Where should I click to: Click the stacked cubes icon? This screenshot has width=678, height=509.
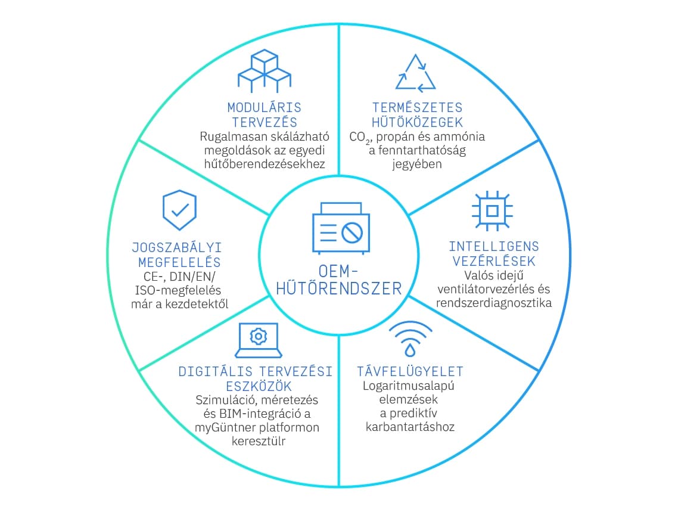[264, 72]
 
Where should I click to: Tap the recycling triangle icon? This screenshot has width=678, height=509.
[415, 73]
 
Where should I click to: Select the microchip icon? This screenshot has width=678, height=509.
[492, 211]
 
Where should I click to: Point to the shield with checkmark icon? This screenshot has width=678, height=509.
[179, 210]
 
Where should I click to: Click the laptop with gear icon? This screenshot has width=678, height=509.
[259, 340]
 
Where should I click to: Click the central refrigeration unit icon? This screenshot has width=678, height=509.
[341, 228]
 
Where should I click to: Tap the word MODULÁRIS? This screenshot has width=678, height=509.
[264, 108]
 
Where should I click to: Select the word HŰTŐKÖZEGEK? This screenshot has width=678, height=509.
[417, 122]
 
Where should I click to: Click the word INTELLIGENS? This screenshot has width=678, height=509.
[494, 247]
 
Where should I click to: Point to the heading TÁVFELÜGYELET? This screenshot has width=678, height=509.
[410, 371]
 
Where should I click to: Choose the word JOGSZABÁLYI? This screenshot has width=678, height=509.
[177, 248]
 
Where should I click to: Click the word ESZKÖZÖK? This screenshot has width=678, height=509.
[259, 386]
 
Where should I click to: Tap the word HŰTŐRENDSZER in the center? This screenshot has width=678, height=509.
[339, 288]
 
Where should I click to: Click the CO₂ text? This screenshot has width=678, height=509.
[360, 138]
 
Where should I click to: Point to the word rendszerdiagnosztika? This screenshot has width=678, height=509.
[494, 303]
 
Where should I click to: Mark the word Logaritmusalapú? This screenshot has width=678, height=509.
[409, 386]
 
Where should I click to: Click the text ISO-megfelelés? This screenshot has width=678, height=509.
[178, 290]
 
